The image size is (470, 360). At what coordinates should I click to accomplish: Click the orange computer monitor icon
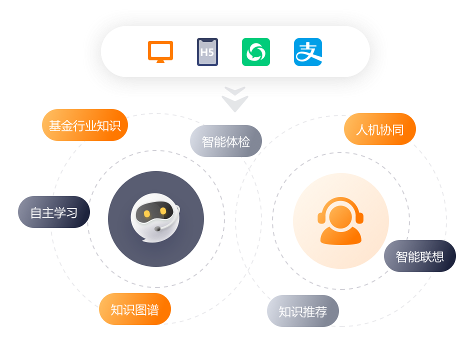click(x=160, y=51)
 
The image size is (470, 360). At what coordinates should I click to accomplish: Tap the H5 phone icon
click(x=207, y=52)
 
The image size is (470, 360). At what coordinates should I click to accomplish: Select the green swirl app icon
click(x=256, y=52)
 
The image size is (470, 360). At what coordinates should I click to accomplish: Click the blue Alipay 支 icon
click(x=308, y=52)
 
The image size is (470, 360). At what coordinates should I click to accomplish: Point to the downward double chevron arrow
click(x=235, y=99)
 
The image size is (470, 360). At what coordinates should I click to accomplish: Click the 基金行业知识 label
click(x=85, y=125)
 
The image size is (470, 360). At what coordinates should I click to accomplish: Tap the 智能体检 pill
click(x=226, y=141)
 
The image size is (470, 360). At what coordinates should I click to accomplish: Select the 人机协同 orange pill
click(x=380, y=129)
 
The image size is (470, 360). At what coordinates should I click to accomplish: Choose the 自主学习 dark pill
click(x=54, y=212)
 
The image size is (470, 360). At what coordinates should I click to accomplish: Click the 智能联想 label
click(x=420, y=256)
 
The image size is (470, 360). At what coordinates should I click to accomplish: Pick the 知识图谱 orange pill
click(x=135, y=309)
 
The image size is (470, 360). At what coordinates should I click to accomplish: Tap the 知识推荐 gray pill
click(x=303, y=311)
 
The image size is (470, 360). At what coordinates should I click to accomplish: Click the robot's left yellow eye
click(x=147, y=213)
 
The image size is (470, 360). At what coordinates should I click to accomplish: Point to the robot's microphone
click(x=157, y=228)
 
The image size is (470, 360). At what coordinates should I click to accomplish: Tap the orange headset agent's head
click(x=340, y=215)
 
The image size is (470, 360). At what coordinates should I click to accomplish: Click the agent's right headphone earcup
click(x=359, y=217)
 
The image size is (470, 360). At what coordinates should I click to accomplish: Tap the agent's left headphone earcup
click(x=321, y=217)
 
